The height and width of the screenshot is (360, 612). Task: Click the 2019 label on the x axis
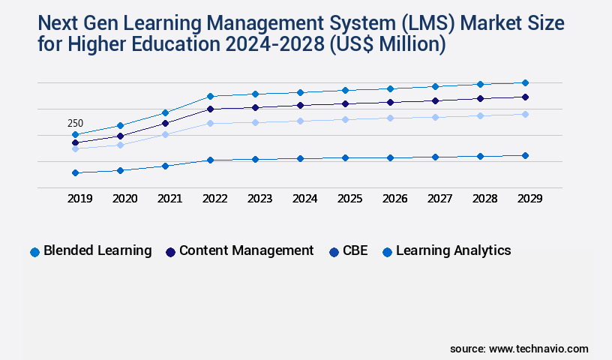point(79,199)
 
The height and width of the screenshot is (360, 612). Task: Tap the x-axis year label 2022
point(214,199)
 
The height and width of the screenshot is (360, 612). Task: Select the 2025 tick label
point(349,199)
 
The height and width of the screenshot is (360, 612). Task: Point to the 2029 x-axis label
point(529,199)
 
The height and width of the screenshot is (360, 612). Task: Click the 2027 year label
point(439,199)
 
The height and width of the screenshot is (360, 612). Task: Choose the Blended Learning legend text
point(97,250)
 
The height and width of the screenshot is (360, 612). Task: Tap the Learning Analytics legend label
point(453,250)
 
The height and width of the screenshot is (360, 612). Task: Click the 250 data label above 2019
point(75,124)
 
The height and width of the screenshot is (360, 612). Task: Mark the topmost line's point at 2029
point(525,82)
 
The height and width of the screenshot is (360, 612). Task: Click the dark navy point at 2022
point(210,109)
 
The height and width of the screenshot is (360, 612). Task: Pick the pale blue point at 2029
point(525,114)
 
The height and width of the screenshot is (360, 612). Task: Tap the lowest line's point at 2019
point(75,172)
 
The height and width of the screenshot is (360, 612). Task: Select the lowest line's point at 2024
point(300,158)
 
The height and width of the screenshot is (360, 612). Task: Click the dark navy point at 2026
point(390,102)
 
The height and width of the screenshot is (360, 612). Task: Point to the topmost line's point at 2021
point(165,112)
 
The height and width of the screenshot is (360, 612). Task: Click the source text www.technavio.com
point(538,349)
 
